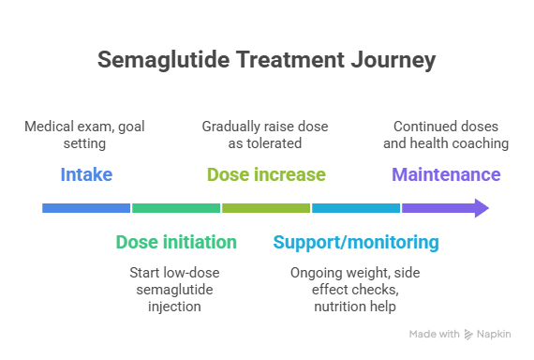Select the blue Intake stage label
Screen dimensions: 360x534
pyautogui.click(x=85, y=175)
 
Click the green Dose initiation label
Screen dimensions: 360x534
pyautogui.click(x=176, y=243)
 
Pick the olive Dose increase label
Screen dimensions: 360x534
pyautogui.click(x=266, y=175)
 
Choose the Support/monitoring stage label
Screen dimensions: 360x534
pyautogui.click(x=356, y=243)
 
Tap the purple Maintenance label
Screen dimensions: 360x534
pyautogui.click(x=446, y=175)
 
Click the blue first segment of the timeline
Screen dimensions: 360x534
pyautogui.click(x=86, y=208)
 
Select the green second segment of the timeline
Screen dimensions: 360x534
pyautogui.click(x=176, y=208)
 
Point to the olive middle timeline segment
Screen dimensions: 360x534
pyautogui.click(x=266, y=208)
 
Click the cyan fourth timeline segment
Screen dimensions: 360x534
pyautogui.click(x=356, y=208)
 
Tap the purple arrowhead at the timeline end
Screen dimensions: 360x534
pyautogui.click(x=481, y=208)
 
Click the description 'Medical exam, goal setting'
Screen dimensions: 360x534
pyautogui.click(x=85, y=135)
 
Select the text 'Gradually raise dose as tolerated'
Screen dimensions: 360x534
pyautogui.click(x=266, y=135)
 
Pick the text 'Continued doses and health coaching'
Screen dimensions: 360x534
pyautogui.click(x=446, y=135)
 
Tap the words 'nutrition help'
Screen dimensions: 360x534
pyautogui.click(x=356, y=307)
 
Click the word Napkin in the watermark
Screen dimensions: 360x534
pyautogui.click(x=498, y=334)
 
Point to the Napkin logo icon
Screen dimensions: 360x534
pyautogui.click(x=469, y=334)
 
